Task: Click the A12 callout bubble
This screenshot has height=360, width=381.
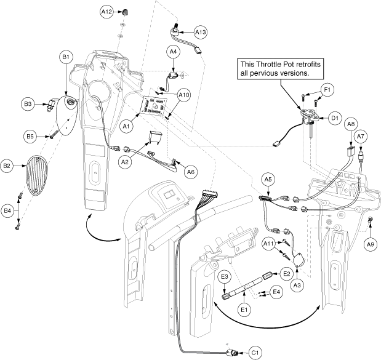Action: [106, 12]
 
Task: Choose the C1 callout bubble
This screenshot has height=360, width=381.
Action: [254, 353]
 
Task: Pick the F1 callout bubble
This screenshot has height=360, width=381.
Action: [329, 90]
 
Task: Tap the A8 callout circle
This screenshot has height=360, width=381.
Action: [350, 124]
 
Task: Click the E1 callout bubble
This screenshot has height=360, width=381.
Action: [244, 308]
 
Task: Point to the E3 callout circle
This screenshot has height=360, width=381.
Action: [225, 276]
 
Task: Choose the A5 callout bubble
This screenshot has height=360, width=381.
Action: [268, 179]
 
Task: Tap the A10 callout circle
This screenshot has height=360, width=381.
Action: [184, 95]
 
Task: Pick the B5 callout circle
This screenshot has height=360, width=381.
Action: [30, 135]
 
